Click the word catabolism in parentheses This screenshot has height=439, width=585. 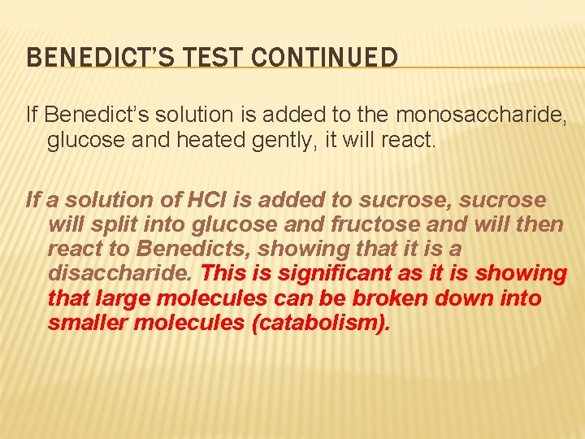pyautogui.click(x=317, y=324)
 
